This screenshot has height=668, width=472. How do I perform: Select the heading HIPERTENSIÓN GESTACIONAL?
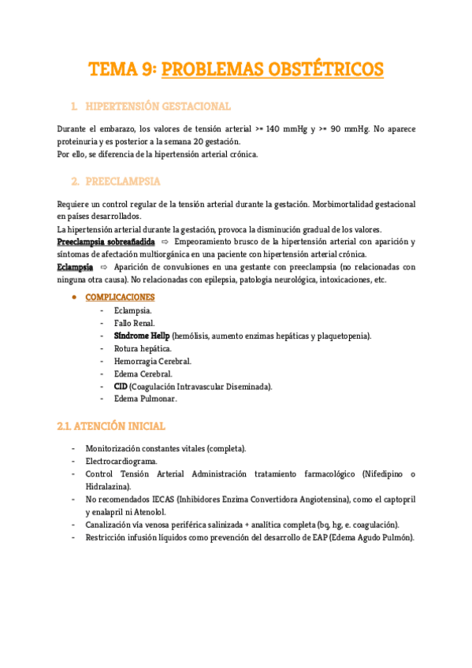click(x=157, y=106)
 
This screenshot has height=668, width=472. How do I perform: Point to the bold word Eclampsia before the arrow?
click(x=75, y=267)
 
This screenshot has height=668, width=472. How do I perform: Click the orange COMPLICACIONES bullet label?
click(x=120, y=297)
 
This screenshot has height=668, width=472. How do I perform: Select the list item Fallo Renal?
click(x=134, y=323)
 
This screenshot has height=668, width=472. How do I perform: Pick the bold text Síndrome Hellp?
click(x=141, y=336)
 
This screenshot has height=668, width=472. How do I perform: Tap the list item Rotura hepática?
click(x=143, y=348)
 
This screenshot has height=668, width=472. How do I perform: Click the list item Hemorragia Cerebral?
click(x=152, y=361)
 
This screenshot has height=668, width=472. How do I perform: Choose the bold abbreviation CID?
click(x=121, y=386)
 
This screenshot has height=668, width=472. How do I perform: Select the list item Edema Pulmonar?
click(x=146, y=399)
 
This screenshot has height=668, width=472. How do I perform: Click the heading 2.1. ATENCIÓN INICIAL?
click(x=111, y=426)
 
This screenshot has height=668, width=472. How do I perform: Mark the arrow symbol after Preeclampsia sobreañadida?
click(x=165, y=241)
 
